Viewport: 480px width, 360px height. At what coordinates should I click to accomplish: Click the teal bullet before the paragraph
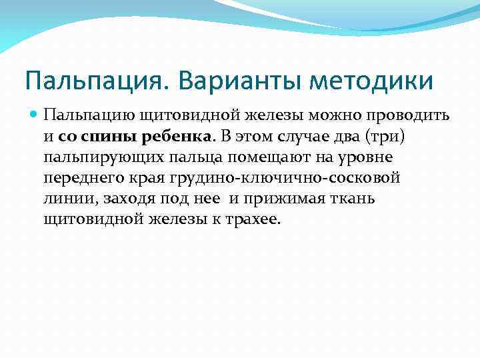[35, 115]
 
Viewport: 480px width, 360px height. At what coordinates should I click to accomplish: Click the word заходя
[124, 200]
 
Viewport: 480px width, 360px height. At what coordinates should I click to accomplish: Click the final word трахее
[257, 221]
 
